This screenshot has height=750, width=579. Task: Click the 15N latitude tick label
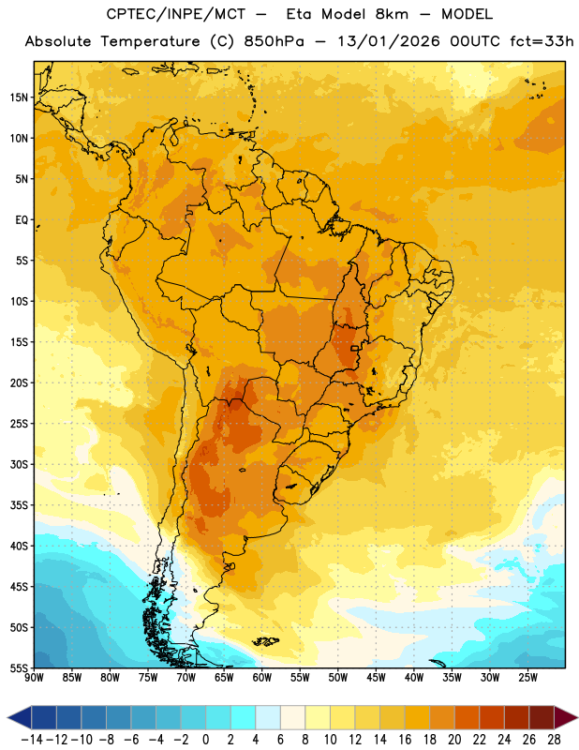click(x=19, y=97)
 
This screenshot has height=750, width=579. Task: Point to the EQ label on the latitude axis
click(x=22, y=220)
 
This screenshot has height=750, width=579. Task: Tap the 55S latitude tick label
click(x=19, y=667)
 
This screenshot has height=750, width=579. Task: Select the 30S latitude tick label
click(x=19, y=464)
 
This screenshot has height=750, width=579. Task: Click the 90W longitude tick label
click(x=34, y=678)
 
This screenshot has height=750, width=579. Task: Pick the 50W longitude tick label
click(x=338, y=678)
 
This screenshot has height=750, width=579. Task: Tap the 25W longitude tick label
click(x=528, y=678)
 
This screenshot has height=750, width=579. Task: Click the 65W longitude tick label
click(x=224, y=678)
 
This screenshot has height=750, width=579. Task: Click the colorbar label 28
click(x=554, y=740)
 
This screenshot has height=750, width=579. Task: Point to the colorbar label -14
click(x=32, y=740)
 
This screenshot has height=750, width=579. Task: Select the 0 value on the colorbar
click(x=206, y=740)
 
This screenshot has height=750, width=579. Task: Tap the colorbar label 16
click(x=405, y=740)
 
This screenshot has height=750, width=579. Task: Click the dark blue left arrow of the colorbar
click(x=20, y=717)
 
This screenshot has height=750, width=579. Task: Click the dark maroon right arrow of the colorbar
click(x=566, y=717)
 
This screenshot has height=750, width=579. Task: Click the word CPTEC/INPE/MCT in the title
click(x=175, y=14)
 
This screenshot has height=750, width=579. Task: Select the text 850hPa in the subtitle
click(x=274, y=41)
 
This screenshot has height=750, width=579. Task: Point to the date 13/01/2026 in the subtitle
click(x=388, y=41)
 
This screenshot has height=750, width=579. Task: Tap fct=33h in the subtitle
click(x=542, y=41)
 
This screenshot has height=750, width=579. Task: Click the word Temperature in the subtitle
click(x=150, y=42)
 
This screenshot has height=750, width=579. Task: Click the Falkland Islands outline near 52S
click(x=266, y=641)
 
